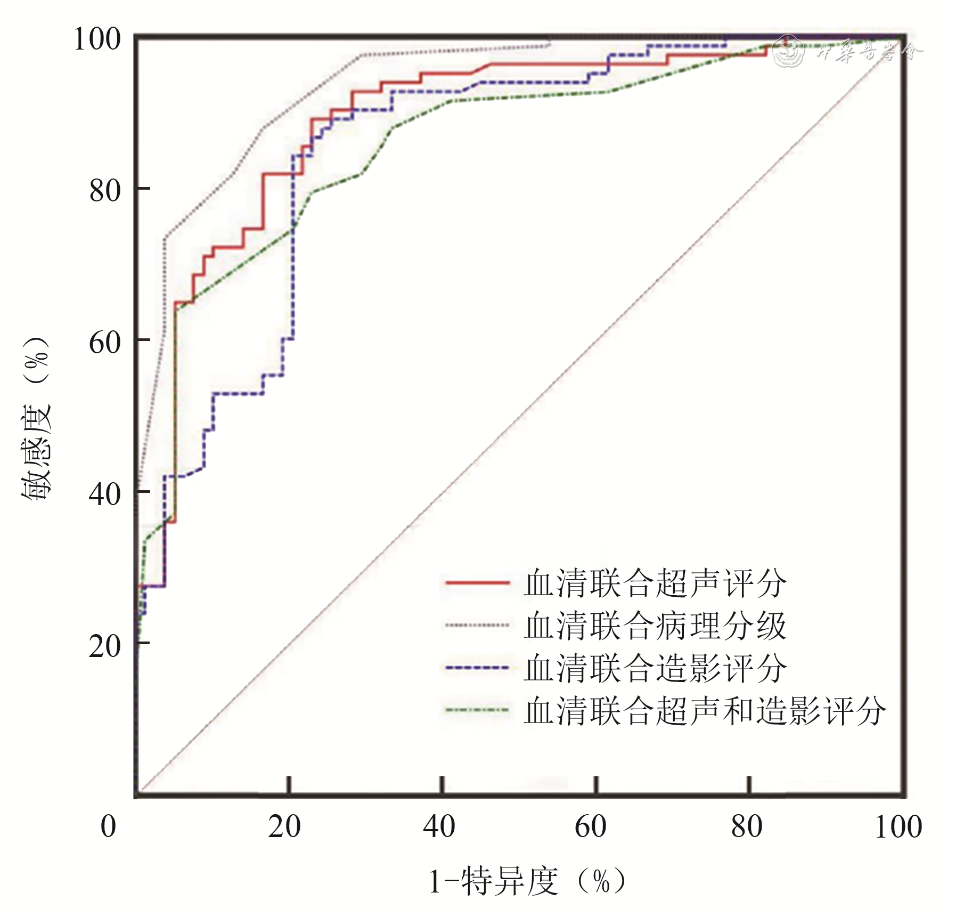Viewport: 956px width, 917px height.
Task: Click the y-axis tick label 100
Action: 97,39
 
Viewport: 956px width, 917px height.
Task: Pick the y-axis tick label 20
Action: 105,646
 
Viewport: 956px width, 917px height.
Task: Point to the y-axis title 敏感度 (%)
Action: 36,418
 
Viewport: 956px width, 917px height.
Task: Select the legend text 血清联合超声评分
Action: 655,583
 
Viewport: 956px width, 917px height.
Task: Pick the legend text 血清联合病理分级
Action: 655,625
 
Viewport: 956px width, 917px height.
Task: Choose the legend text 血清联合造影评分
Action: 655,668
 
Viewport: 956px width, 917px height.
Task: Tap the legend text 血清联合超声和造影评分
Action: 705,710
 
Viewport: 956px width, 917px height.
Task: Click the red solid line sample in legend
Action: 477,583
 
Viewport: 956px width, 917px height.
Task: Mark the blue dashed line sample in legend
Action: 477,668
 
